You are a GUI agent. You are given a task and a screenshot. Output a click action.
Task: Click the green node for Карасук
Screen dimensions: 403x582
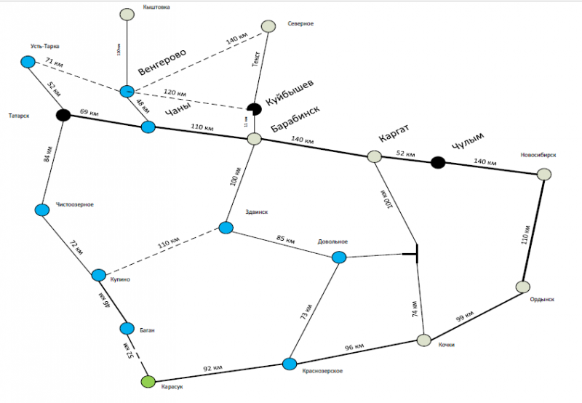tap(148, 381)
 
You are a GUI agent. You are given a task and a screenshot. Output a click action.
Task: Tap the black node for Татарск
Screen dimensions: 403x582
tap(63, 115)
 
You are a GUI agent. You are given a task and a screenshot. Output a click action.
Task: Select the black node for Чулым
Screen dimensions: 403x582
tap(437, 162)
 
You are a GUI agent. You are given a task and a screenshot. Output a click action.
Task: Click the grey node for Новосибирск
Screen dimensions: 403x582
tap(543, 175)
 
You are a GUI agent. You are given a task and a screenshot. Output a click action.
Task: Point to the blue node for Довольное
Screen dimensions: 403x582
tap(338, 257)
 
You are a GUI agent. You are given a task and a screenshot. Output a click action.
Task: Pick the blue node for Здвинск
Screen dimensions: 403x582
tap(226, 228)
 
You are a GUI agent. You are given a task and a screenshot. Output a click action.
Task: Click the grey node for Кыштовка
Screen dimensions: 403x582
tap(127, 14)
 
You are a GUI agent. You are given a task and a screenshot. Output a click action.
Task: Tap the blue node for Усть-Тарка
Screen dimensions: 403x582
tap(28, 62)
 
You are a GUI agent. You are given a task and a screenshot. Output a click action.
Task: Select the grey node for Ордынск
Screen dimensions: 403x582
tap(522, 287)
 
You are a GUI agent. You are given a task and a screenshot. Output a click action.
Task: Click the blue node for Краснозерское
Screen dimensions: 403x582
tap(290, 364)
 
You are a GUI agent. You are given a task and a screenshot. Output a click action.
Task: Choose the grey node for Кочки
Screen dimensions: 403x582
tap(424, 340)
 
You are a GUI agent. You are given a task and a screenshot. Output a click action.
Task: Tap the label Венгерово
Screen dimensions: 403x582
tap(162, 65)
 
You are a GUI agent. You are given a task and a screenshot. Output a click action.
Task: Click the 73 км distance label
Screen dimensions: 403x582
tap(308, 312)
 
